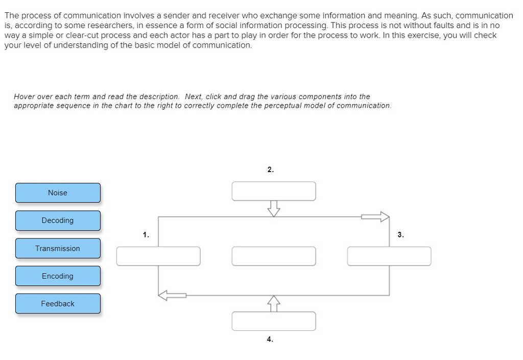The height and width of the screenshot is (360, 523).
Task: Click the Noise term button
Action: (58, 193)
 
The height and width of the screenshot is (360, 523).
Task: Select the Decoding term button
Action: (58, 221)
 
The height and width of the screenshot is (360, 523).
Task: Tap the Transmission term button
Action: (58, 248)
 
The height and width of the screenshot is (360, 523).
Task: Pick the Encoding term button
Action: (58, 276)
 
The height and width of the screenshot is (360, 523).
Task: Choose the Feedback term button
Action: (58, 303)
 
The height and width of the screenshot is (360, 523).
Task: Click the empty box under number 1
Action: (158, 256)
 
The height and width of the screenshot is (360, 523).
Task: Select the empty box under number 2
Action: (274, 191)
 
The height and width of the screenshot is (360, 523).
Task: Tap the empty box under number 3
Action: (389, 256)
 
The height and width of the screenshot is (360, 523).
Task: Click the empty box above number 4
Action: (274, 321)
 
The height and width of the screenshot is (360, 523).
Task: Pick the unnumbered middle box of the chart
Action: (274, 256)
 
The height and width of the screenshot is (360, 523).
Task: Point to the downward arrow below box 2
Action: (274, 208)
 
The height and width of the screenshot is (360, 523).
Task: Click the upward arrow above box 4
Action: (274, 303)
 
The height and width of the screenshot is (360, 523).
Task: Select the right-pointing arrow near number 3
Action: (375, 217)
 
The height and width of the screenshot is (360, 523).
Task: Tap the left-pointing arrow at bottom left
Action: (172, 295)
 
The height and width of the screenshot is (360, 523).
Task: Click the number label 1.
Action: (146, 235)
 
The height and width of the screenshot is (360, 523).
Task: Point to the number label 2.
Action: (270, 170)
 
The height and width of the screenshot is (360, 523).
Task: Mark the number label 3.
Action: (400, 235)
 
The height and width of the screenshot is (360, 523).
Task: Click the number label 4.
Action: (270, 339)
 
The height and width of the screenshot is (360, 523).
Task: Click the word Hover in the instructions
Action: (23, 97)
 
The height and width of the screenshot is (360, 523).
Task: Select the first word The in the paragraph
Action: (12, 16)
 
